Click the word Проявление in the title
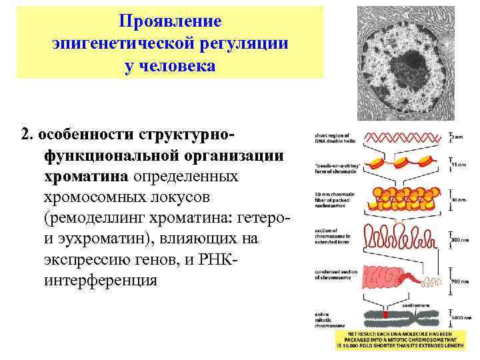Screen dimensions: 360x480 170,21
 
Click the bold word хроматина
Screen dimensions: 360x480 87,177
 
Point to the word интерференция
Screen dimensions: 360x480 101,281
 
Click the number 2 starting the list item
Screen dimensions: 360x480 25,135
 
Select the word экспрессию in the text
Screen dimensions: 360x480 79,260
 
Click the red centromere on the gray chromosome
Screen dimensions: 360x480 385,313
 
